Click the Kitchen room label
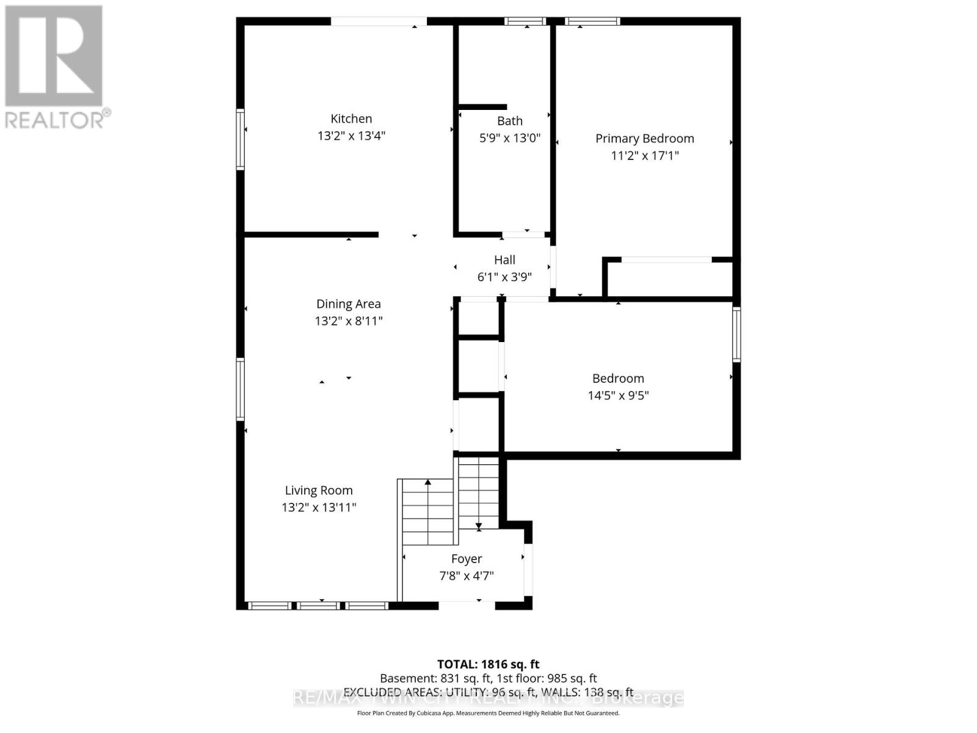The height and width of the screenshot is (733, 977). [351, 119]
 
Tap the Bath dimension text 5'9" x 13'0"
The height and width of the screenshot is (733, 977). [510, 138]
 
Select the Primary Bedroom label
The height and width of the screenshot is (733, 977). [644, 139]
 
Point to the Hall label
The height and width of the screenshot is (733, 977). [504, 260]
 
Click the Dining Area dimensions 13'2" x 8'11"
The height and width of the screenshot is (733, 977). [348, 321]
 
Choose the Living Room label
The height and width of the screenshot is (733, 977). [319, 490]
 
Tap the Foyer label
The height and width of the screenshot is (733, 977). [467, 559]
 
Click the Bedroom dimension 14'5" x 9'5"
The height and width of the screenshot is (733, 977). [618, 395]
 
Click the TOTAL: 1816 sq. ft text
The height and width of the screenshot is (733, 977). [488, 664]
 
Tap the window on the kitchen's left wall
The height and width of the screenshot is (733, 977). [241, 139]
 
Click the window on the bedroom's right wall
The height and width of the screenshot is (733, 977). [736, 334]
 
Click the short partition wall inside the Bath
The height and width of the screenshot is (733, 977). [482, 107]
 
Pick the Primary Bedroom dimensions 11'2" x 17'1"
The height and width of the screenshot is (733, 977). [644, 155]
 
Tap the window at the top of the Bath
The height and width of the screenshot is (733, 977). [525, 21]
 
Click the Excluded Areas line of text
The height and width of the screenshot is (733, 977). [488, 692]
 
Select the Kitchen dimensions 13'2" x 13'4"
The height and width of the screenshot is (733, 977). [351, 136]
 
